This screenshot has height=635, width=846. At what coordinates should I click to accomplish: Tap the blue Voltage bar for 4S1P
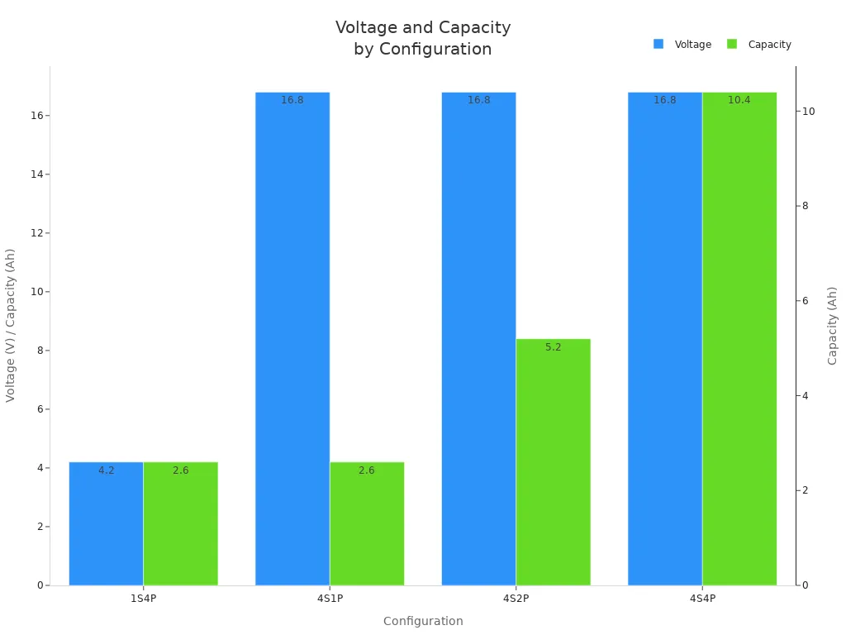pyautogui.click(x=292, y=339)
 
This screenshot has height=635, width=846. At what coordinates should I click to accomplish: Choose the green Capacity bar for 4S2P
pyautogui.click(x=553, y=463)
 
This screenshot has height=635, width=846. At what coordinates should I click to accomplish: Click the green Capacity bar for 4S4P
pyautogui.click(x=739, y=339)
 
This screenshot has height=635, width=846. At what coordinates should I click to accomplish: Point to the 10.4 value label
pyautogui.click(x=739, y=100)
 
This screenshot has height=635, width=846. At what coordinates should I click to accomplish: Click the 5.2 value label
pyautogui.click(x=553, y=347)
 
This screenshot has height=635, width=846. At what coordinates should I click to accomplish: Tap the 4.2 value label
pyautogui.click(x=107, y=470)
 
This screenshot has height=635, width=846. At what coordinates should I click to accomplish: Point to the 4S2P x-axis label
pyautogui.click(x=516, y=598)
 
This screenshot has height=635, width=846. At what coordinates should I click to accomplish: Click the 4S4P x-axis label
pyautogui.click(x=702, y=598)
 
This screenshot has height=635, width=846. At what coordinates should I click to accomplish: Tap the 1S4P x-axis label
pyautogui.click(x=143, y=598)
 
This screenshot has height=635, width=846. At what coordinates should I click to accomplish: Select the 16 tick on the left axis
pyautogui.click(x=36, y=116)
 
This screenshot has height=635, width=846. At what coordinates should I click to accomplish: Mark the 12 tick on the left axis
pyautogui.click(x=36, y=233)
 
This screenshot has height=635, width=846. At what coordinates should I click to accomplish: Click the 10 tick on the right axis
pyautogui.click(x=809, y=112)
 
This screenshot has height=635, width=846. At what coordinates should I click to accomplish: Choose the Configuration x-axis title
pyautogui.click(x=423, y=621)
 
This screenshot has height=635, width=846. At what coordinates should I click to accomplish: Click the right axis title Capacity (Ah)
pyautogui.click(x=833, y=325)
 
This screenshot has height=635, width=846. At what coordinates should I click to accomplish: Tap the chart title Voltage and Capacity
pyautogui.click(x=423, y=28)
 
